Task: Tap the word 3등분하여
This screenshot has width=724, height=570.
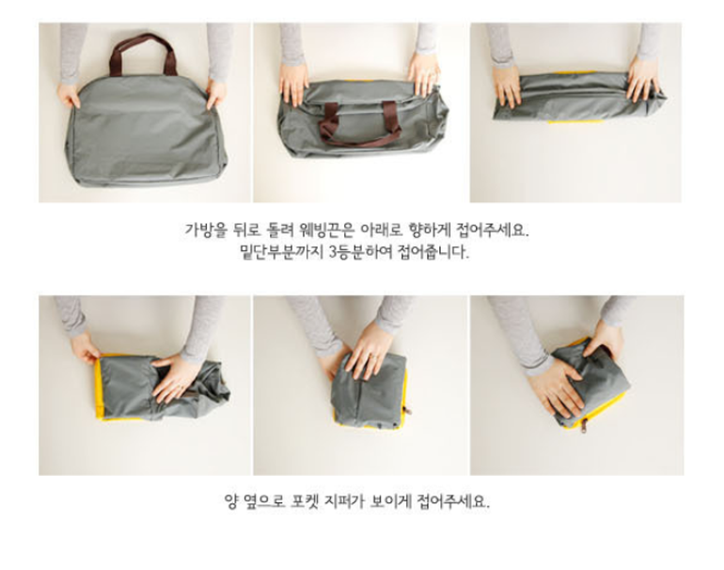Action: coord(360,252)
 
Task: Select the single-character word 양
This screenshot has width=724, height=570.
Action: coord(230,501)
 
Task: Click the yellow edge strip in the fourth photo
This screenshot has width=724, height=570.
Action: coord(99,388)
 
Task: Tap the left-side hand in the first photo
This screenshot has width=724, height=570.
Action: coord(69,94)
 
